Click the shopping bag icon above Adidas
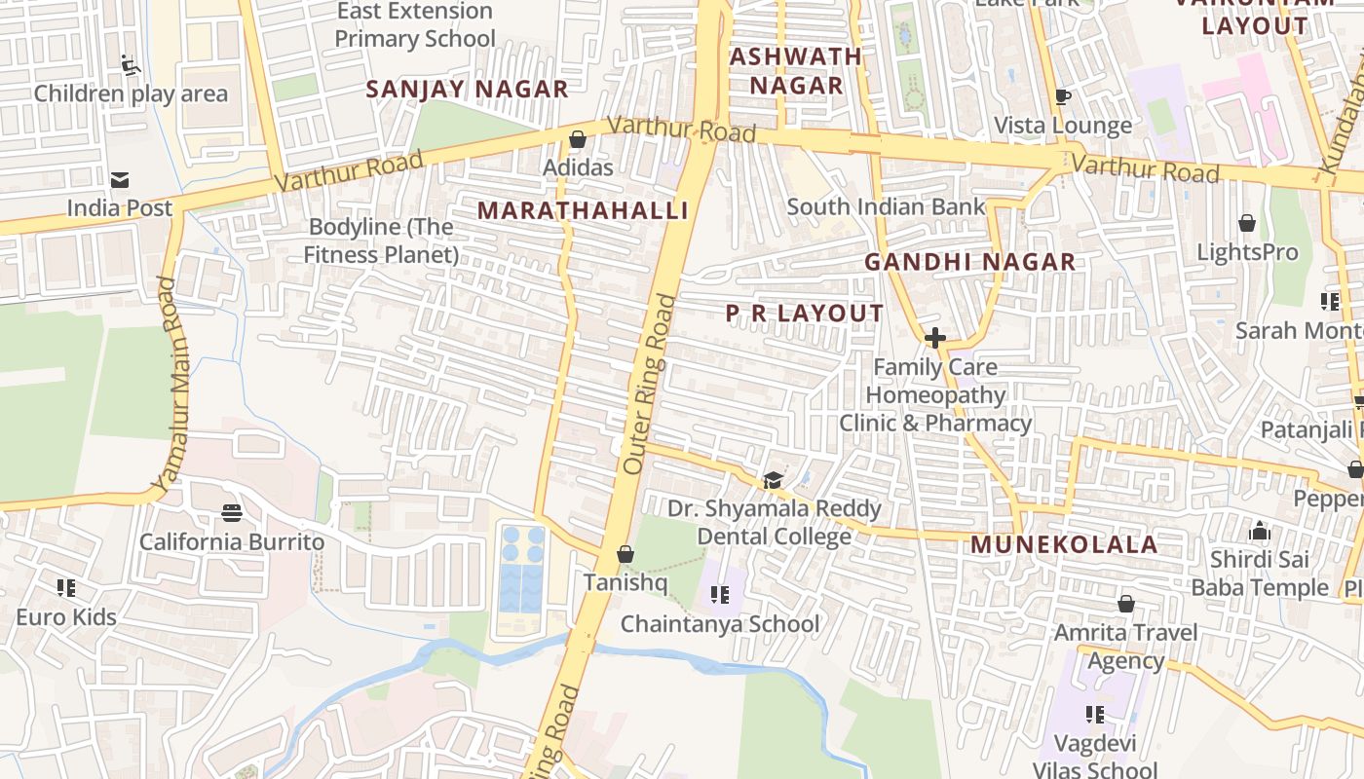tap(577, 139)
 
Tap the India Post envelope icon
tap(120, 179)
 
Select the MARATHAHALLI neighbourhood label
tap(583, 210)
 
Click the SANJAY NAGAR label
tap(467, 90)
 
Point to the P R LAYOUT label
tap(805, 314)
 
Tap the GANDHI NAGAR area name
tap(969, 262)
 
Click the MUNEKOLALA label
tap(1064, 544)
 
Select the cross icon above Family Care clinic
tap(935, 338)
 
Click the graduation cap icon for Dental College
tap(774, 480)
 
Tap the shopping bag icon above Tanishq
tap(625, 554)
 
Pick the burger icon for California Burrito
tap(232, 512)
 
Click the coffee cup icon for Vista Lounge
tap(1063, 96)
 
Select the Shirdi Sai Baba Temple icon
tap(1260, 532)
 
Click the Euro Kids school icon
tap(66, 588)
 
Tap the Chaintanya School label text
tap(720, 624)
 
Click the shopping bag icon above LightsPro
tap(1247, 224)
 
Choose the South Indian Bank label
tap(886, 206)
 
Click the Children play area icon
tap(131, 65)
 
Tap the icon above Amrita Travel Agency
tap(1126, 604)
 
